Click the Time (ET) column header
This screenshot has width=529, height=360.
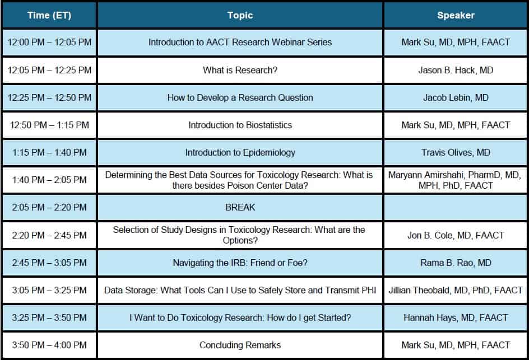(x=49, y=15)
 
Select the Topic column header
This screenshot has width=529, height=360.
(x=240, y=15)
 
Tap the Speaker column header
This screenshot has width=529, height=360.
(x=456, y=15)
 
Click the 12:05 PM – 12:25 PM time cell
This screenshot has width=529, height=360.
(x=49, y=70)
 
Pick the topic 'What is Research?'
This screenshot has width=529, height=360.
(x=240, y=70)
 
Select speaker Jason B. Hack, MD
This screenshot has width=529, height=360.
(x=456, y=70)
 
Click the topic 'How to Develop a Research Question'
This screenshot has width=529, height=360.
(x=240, y=98)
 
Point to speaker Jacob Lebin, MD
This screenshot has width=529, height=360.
(x=456, y=98)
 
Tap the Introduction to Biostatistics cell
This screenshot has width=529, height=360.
(x=240, y=125)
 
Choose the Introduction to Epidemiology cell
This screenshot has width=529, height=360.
(x=240, y=153)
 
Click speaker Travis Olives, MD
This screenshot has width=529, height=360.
(x=456, y=153)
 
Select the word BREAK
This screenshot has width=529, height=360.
(x=240, y=207)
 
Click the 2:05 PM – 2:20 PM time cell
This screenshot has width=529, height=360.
(x=49, y=207)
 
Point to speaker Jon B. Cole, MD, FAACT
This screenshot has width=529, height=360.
(x=456, y=235)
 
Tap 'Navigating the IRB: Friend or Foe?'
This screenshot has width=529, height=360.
(x=240, y=263)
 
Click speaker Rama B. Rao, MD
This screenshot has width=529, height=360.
(x=456, y=263)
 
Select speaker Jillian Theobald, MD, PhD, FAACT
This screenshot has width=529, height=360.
(x=456, y=290)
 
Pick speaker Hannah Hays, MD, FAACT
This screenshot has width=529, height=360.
(x=456, y=317)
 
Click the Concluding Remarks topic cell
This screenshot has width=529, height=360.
(x=240, y=345)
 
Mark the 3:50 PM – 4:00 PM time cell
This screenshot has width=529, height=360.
(x=49, y=345)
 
